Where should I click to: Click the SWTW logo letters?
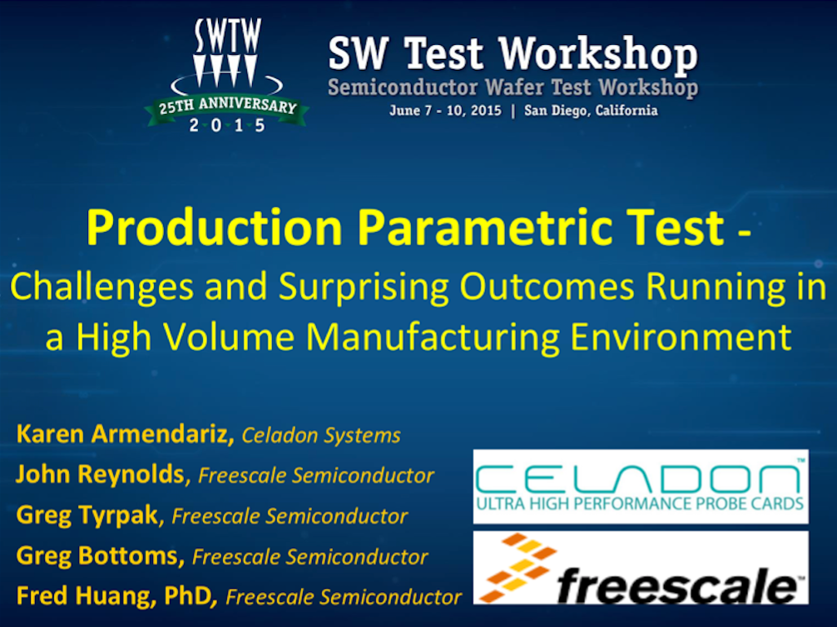(x=228, y=36)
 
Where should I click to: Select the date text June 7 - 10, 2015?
(x=445, y=111)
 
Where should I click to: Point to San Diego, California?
(x=591, y=111)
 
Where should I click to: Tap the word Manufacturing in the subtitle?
(x=433, y=337)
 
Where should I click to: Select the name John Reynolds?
(x=101, y=474)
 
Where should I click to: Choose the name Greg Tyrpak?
(x=87, y=515)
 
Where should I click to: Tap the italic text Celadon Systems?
(x=321, y=436)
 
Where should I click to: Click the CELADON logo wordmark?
(x=639, y=478)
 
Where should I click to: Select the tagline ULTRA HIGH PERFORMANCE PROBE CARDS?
(x=640, y=503)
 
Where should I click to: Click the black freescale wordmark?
(x=677, y=585)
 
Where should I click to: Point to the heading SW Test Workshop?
(x=513, y=54)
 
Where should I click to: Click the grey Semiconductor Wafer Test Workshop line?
(x=513, y=87)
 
